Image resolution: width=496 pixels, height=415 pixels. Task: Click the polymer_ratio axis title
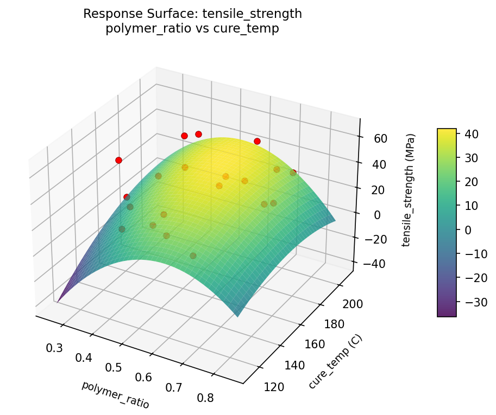115,394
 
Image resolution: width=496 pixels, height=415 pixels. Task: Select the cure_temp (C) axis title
335,362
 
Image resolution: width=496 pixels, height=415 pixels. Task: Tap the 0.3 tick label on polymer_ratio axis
54,348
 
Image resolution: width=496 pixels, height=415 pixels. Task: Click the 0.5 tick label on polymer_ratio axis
113,368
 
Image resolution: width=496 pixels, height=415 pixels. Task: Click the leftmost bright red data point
118,160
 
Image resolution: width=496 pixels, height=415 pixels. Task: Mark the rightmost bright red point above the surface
293,173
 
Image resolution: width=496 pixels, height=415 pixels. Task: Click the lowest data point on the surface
193,256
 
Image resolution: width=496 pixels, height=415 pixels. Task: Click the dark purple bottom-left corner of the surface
59,299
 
